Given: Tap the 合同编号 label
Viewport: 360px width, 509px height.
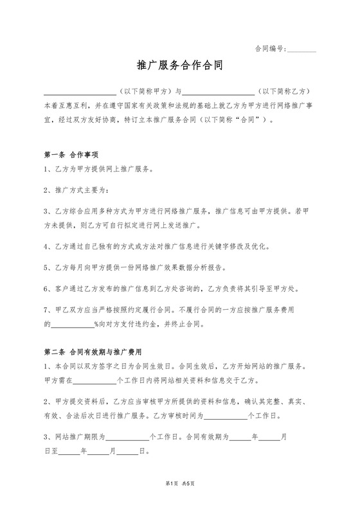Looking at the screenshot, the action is coord(270,48).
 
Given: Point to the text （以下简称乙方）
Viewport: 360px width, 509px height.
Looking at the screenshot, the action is coord(283,92).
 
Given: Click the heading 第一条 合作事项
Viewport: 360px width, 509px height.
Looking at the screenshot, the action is coord(71,155).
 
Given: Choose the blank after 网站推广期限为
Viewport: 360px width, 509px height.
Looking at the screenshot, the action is coord(127,438).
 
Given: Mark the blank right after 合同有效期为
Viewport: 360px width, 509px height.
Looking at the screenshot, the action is coord(240,438).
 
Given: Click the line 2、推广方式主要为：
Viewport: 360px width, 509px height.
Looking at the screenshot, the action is coord(76,191).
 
